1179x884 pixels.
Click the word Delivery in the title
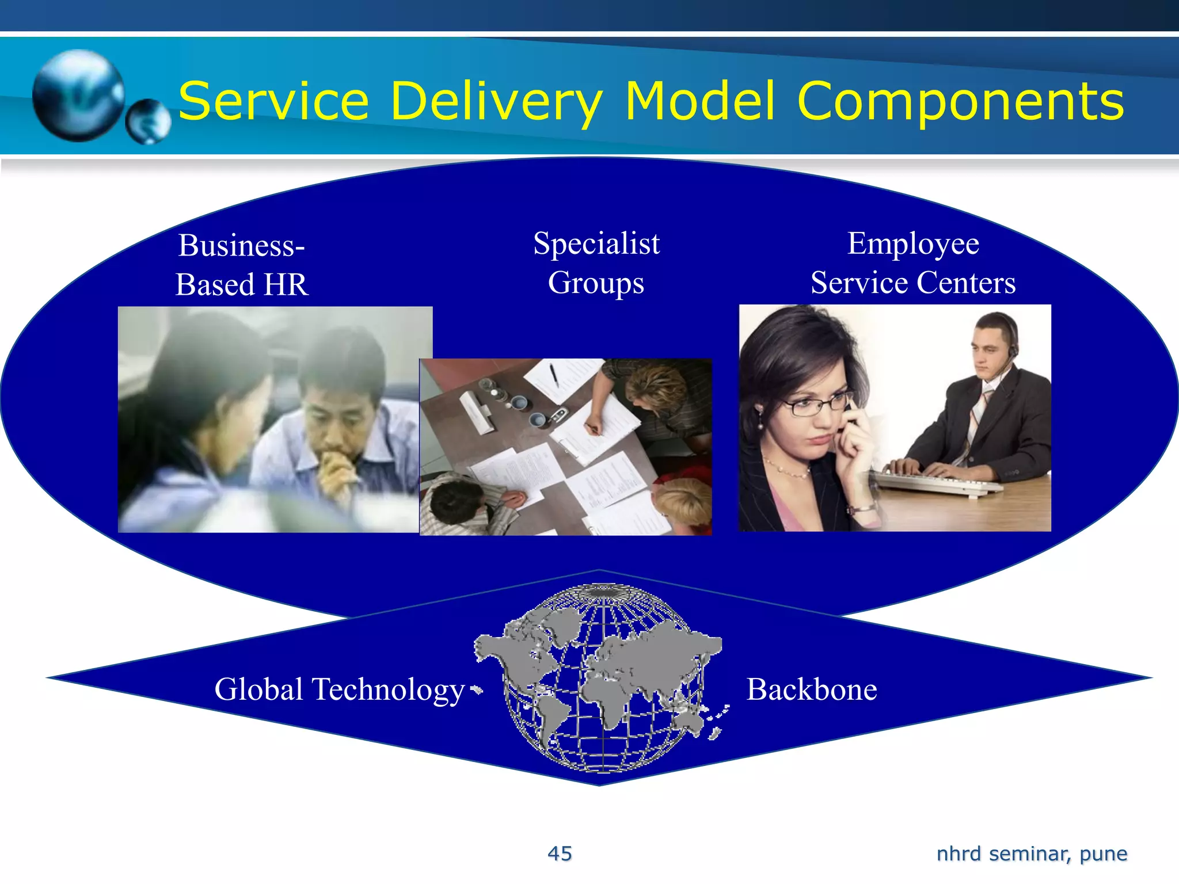coord(496,101)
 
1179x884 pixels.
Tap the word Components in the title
coord(960,101)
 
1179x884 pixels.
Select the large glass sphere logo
coord(78,96)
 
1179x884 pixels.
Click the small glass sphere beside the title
coord(149,121)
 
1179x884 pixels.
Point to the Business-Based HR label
coord(242,265)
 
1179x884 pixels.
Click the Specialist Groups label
coord(596,262)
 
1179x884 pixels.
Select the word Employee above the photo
coord(913,243)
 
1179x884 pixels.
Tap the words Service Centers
coord(913,283)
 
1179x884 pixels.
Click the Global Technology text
coord(339,689)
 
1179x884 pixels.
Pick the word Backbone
coord(812,689)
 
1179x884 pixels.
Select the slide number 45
coord(560,853)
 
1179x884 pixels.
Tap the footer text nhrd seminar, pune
coord(1032,853)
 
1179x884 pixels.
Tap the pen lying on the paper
coord(553,375)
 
